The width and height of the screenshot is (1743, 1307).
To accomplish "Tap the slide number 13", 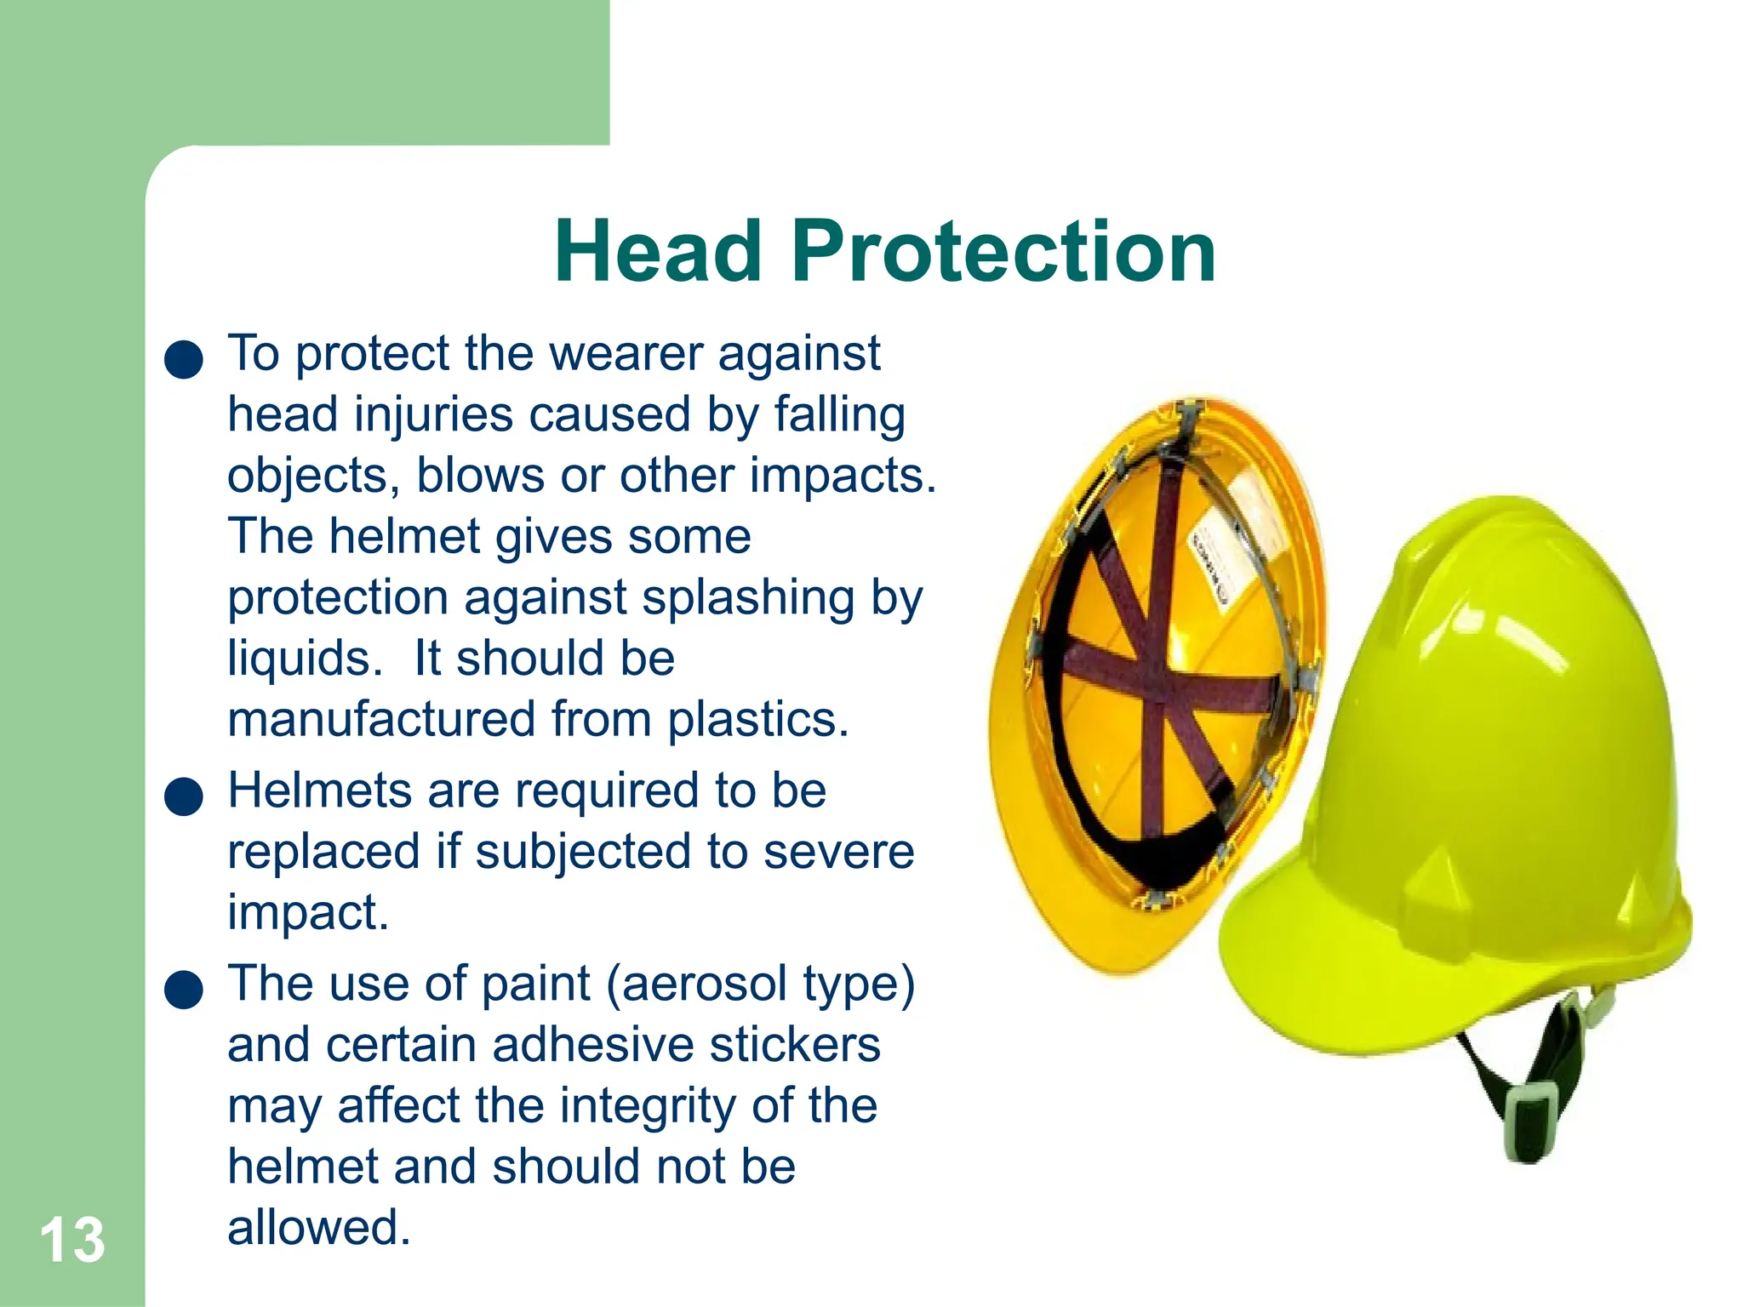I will point(72,1240).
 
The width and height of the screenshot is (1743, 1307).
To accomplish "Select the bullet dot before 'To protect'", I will point(184,359).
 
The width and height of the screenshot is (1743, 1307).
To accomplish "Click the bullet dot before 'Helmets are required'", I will point(184,796).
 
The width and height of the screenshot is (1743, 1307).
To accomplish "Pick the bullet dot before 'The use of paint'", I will point(184,990).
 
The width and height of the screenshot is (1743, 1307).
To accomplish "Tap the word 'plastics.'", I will point(758,720).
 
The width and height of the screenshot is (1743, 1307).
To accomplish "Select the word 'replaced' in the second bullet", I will point(324,852).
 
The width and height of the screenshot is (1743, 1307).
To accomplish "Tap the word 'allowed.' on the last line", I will point(319,1228).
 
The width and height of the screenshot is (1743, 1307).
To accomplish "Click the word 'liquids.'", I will point(305,659).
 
